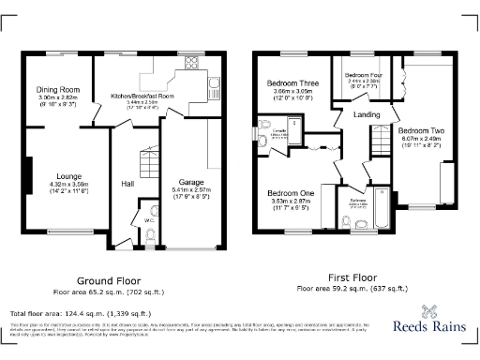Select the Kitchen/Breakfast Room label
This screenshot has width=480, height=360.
(142, 96)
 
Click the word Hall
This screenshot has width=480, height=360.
(129, 184)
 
